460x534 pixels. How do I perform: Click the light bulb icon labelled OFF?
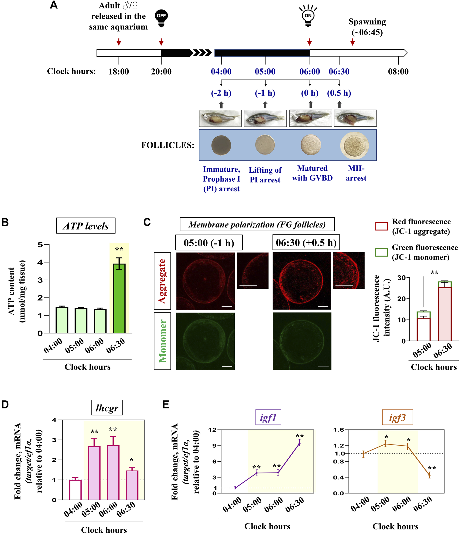[161, 18]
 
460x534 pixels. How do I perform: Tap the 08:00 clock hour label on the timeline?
[398, 72]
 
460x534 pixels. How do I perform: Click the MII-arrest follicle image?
[354, 146]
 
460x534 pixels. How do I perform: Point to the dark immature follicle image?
[221, 145]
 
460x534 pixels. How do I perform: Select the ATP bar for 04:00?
[62, 320]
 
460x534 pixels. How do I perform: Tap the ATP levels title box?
[86, 226]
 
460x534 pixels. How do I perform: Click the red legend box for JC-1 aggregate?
[381, 226]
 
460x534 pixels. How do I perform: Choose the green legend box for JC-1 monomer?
[381, 252]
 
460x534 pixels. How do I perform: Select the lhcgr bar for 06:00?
[113, 472]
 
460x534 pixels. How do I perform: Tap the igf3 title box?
[397, 417]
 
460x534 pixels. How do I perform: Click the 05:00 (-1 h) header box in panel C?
[209, 242]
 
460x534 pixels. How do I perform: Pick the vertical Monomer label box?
[162, 341]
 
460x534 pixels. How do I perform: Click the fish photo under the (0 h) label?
[311, 118]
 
